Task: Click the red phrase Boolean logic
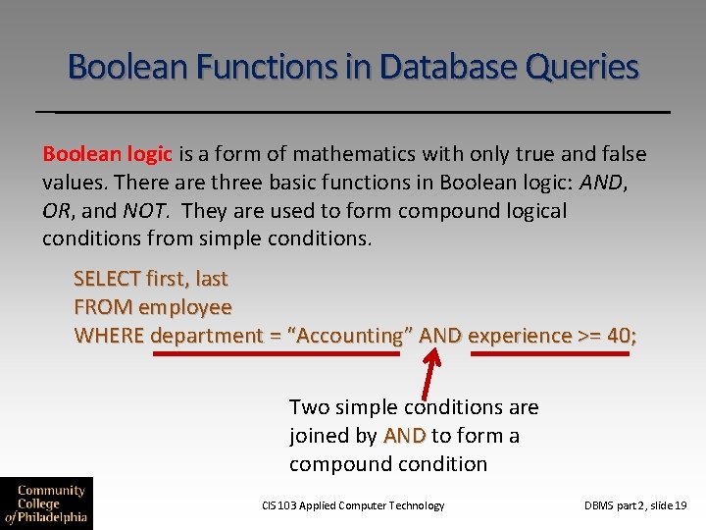coord(107,154)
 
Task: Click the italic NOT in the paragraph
coord(148,211)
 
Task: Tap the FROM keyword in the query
coord(104,307)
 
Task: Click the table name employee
coord(185,307)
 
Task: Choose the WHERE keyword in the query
coord(110,336)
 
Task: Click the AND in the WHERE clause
coord(440,336)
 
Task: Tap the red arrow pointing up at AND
coord(431,370)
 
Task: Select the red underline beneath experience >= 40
coord(549,354)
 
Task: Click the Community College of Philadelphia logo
coord(46,502)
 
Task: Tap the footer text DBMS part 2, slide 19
coord(635,505)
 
